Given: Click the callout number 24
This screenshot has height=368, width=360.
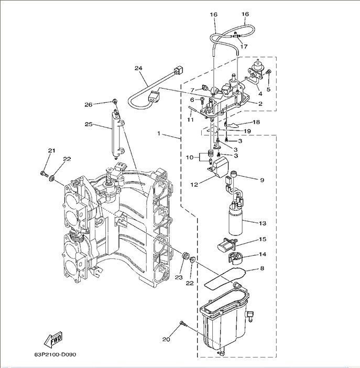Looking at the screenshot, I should tap(138, 69).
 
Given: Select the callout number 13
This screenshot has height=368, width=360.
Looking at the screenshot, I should tap(263, 223).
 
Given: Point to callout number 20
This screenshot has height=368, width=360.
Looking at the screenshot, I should tap(167, 339).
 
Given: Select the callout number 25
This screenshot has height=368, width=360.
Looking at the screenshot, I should tap(89, 124).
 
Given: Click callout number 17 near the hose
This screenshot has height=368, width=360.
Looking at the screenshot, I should tap(244, 47).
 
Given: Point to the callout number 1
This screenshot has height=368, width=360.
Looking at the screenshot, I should tap(158, 134).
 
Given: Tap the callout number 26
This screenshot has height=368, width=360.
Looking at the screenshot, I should tap(89, 105).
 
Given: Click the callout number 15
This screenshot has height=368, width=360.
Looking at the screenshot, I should tap(263, 240).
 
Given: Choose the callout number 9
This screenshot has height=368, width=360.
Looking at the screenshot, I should tap(261, 180).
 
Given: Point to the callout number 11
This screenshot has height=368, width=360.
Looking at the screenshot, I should tap(191, 120).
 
